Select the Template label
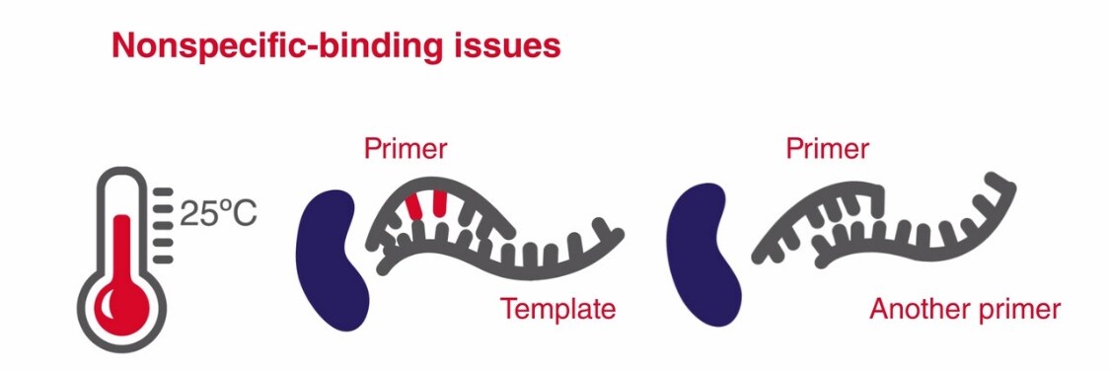point(557,309)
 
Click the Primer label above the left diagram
point(406,149)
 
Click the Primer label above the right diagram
point(828,149)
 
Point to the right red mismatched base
point(439,200)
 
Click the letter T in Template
point(508,309)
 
